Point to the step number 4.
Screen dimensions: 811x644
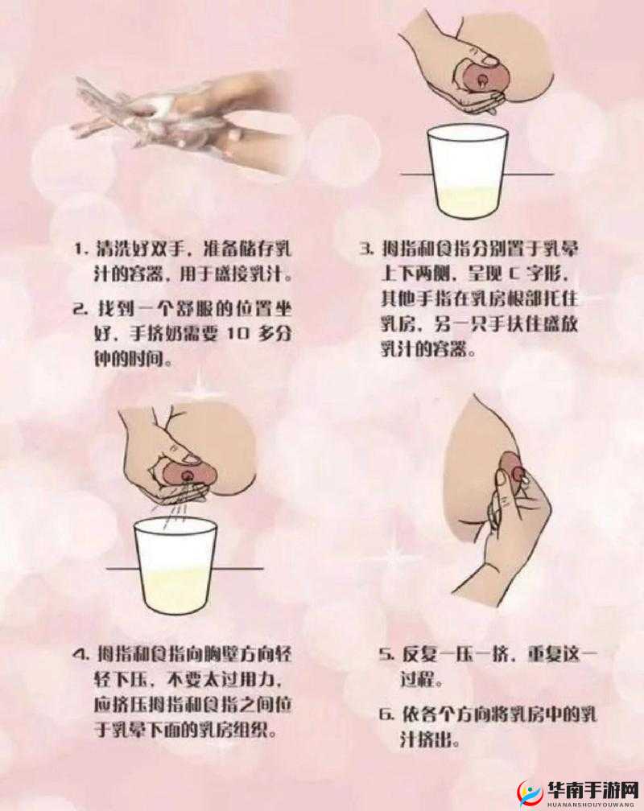[80, 654]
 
